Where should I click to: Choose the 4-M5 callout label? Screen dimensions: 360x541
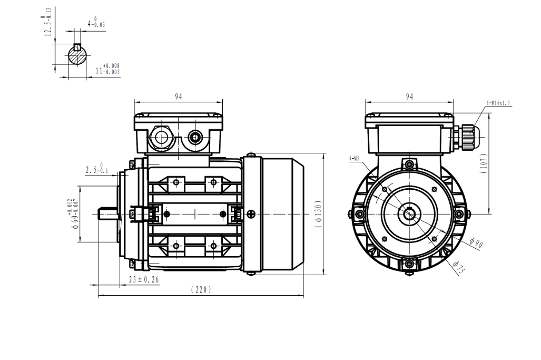tap(355, 158)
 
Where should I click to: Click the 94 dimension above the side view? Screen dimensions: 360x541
tap(179, 97)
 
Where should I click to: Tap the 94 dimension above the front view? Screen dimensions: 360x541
tap(409, 96)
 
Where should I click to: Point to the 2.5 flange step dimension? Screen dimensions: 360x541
tap(94, 169)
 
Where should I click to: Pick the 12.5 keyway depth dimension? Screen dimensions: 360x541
tap(48, 23)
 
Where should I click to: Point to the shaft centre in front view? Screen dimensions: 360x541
tap(409, 214)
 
